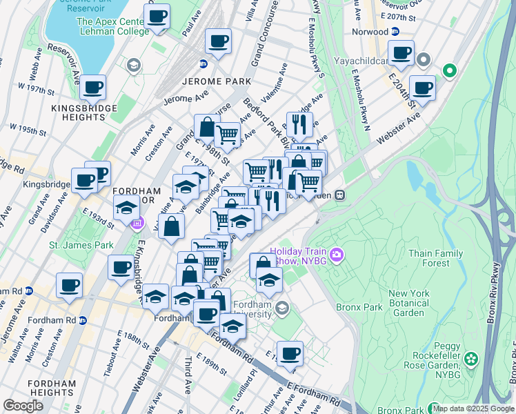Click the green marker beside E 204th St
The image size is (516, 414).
tap(449, 70)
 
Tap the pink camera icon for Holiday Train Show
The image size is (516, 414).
tap(337, 255)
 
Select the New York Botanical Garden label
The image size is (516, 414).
tap(409, 303)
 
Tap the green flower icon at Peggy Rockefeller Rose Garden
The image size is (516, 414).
tap(470, 358)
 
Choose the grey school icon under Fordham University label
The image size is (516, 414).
tap(281, 307)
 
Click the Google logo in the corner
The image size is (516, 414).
tap(23, 405)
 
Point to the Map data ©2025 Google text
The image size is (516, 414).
tap(473, 408)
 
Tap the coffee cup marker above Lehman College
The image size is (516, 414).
tap(157, 16)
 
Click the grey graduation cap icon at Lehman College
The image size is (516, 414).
tap(133, 66)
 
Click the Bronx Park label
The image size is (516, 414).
tap(358, 306)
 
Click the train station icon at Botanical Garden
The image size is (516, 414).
tap(339, 195)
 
